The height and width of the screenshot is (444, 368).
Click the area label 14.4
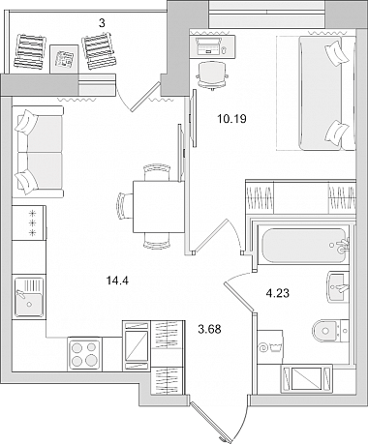coord(117,281)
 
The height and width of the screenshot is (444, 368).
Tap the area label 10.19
coord(231,119)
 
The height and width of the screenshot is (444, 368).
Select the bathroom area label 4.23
coord(277,293)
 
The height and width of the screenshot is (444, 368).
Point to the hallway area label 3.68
coord(209,329)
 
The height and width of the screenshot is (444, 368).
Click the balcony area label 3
coord(102,23)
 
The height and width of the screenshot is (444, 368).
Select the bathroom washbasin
coord(338,286)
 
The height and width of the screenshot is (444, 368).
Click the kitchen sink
coord(29,297)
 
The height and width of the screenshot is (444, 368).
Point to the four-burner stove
coord(84,354)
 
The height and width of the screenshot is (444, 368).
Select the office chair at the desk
coord(212,74)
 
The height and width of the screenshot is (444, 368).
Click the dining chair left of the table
coord(125,205)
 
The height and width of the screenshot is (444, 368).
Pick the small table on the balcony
coord(65,59)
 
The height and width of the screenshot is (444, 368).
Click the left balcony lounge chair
coord(30,51)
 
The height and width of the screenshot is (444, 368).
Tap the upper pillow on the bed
coord(337,53)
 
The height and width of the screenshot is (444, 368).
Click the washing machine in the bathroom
coord(270,347)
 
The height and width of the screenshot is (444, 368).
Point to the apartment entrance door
coord(210,423)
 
